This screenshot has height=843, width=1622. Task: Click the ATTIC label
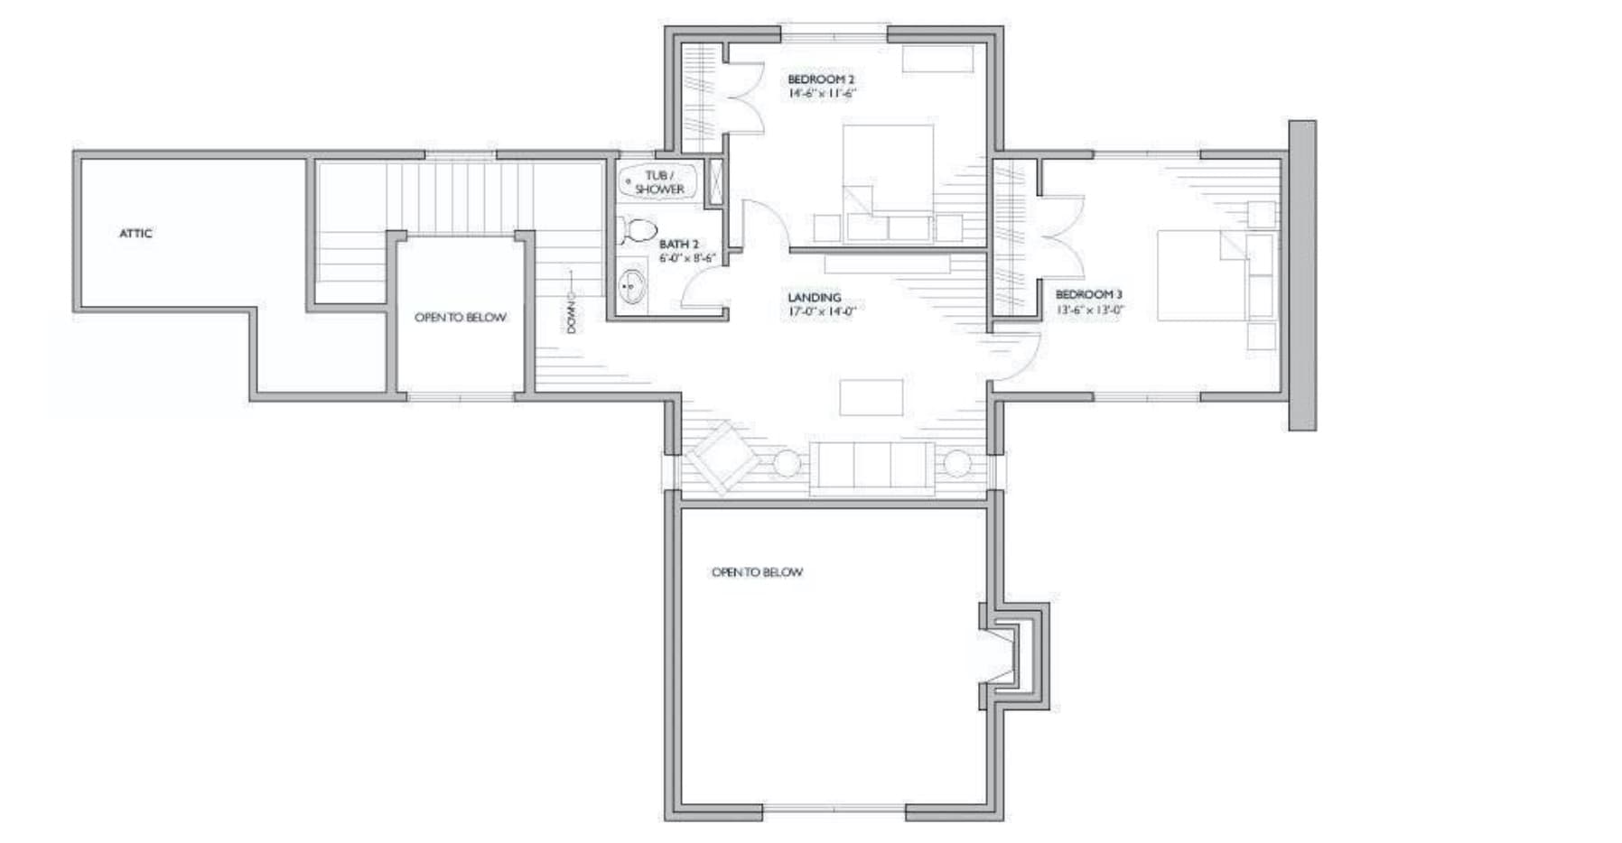coord(135,234)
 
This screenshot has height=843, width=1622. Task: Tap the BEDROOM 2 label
coord(820,80)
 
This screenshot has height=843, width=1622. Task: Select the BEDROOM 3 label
coord(1088,295)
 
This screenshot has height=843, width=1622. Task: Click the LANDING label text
coord(814,298)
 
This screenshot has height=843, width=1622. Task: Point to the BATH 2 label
coord(678,245)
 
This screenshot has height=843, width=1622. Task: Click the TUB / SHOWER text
coord(659,182)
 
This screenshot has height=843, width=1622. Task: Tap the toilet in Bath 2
coord(639,230)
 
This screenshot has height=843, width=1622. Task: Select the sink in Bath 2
coord(632,288)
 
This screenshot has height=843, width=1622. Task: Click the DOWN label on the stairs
coord(572,312)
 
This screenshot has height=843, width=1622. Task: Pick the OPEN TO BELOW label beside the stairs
coord(460,318)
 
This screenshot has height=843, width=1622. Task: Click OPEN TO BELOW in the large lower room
coord(757,572)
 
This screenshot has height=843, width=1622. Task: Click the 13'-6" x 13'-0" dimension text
coord(1090,310)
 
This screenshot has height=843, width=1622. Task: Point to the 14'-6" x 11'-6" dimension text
coord(821,94)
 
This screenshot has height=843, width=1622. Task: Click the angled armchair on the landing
coord(720,456)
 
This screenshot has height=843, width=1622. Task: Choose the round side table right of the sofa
coord(956,463)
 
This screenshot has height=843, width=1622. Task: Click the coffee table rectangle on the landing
coord(871,397)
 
